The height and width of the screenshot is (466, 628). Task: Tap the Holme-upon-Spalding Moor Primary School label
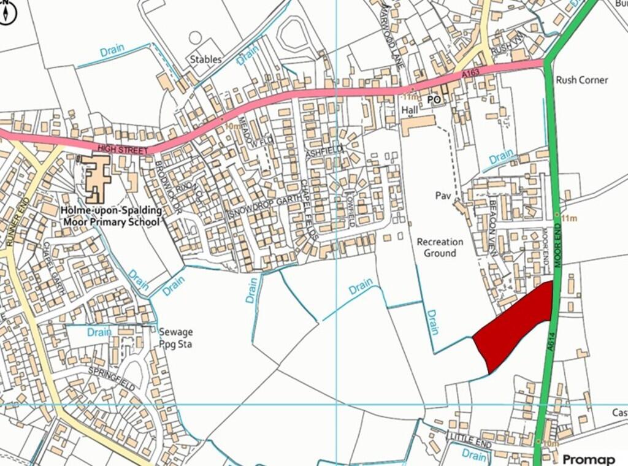[x=111, y=215]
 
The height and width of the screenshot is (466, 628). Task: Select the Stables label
[x=205, y=59]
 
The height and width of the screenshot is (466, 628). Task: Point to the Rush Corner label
[x=581, y=80]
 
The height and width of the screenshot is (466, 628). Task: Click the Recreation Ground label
[x=440, y=247]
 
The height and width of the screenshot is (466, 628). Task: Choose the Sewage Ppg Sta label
[x=175, y=338]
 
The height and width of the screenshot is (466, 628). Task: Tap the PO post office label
[x=434, y=99]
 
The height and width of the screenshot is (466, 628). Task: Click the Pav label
[x=443, y=196]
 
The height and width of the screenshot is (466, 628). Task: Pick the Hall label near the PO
[x=409, y=110]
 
